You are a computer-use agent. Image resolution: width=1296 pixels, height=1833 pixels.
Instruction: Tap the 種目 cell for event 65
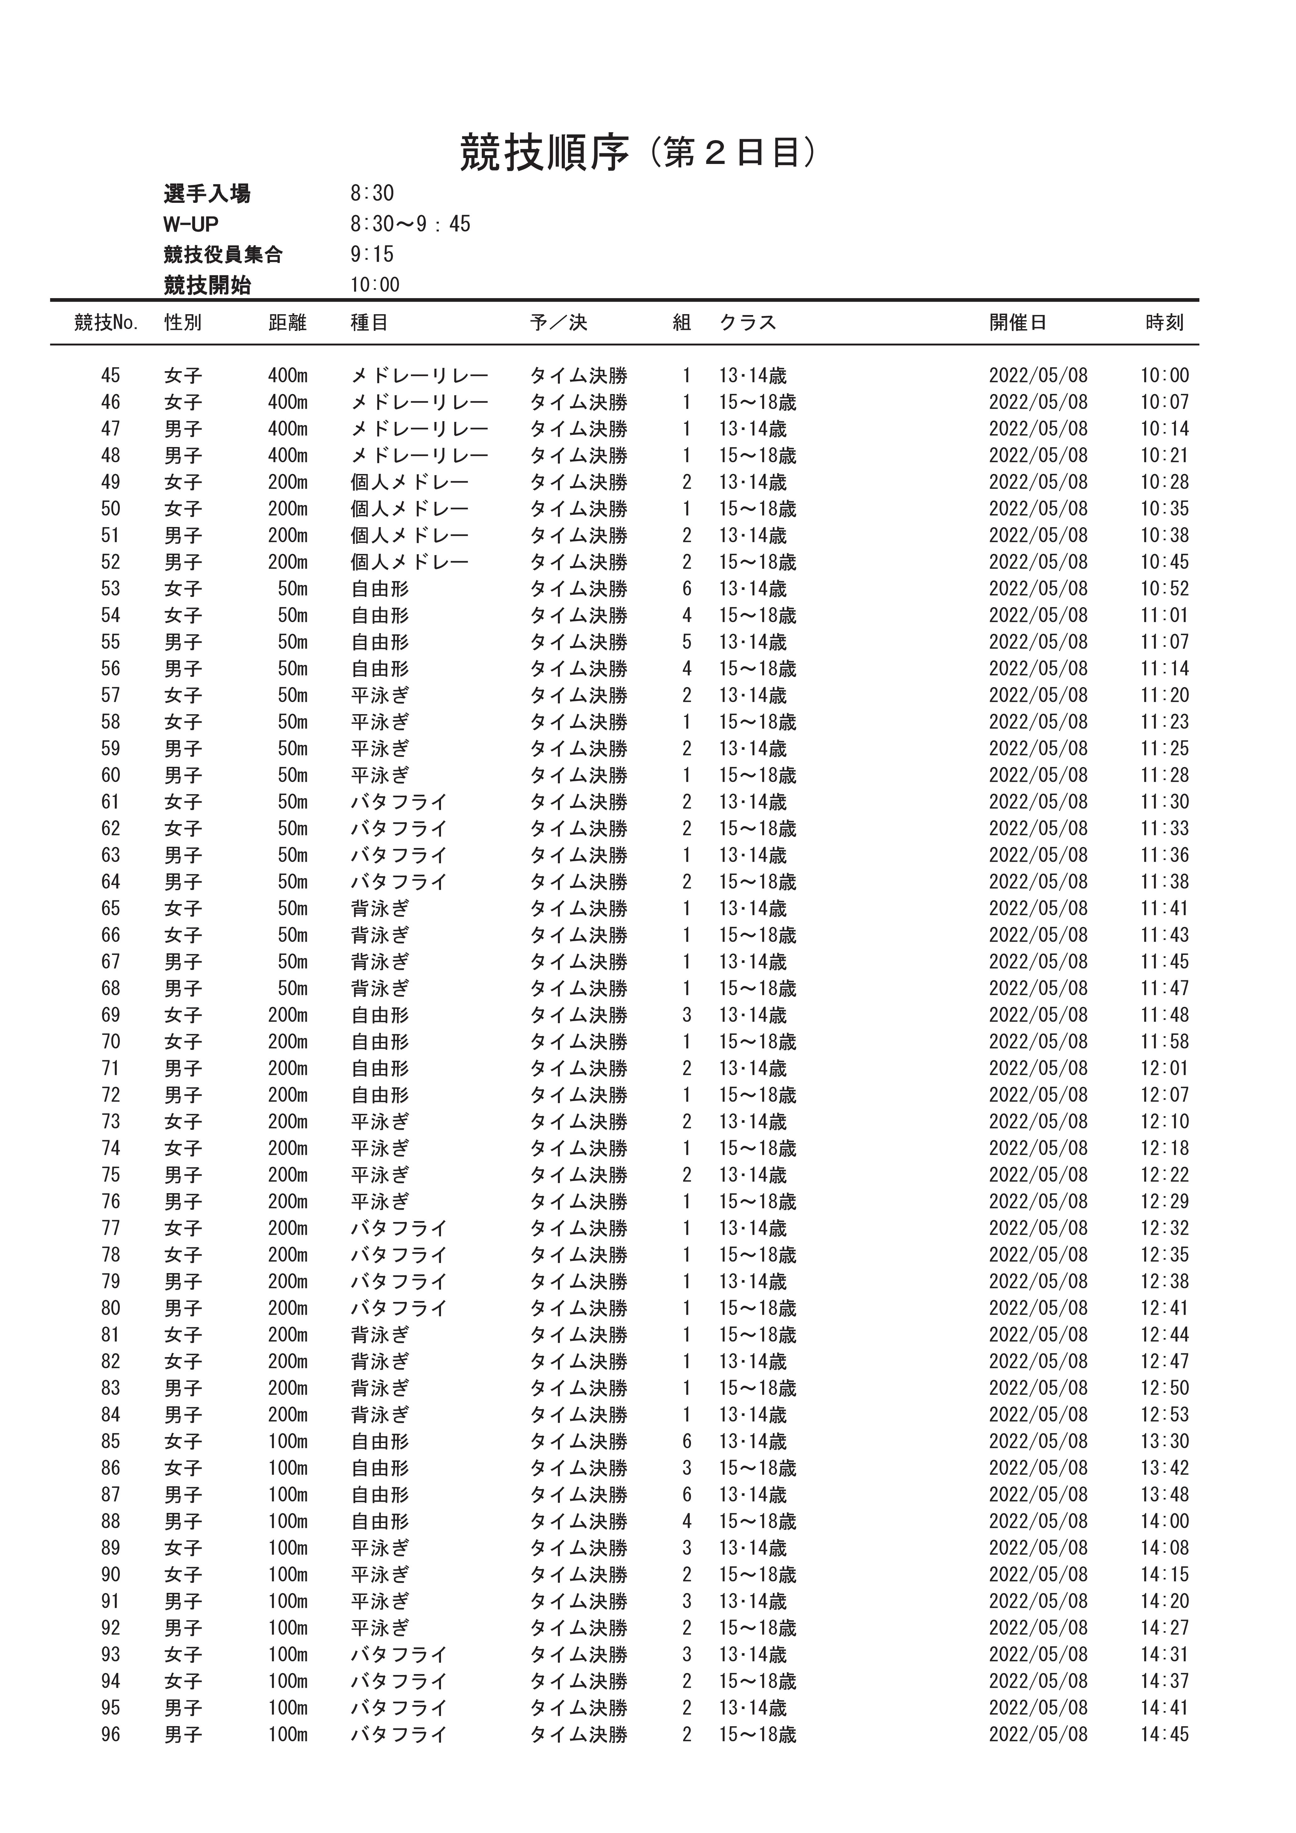click(380, 909)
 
